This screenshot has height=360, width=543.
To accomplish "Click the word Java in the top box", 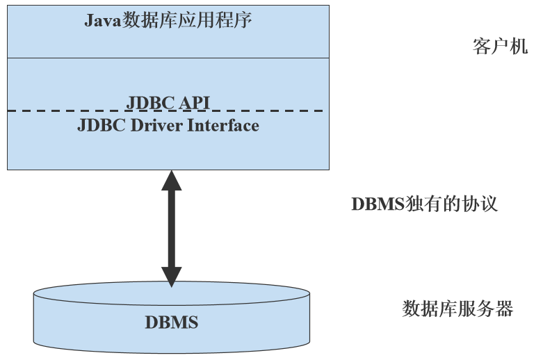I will tap(103, 20).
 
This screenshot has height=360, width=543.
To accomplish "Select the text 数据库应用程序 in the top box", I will tap(187, 20).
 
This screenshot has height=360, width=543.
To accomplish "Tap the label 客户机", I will tap(500, 47).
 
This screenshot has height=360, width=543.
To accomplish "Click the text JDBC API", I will tap(168, 103).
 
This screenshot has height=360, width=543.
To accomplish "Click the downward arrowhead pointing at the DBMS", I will tap(171, 276).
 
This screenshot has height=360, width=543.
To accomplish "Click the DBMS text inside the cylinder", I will tap(171, 322).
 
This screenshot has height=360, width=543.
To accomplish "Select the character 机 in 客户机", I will tap(519, 47).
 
